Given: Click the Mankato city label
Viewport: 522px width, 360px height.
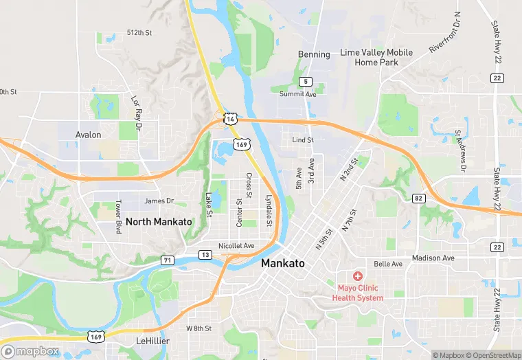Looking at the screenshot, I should click(x=282, y=263).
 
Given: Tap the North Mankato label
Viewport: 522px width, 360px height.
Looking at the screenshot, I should click(x=159, y=221).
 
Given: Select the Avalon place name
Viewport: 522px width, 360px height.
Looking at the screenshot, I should click(x=89, y=135).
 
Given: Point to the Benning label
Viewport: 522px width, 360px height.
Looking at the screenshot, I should click(x=314, y=54).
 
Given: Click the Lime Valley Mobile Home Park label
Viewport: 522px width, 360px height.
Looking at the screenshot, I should click(x=376, y=57).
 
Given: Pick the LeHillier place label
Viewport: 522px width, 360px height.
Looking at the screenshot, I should click(x=152, y=341).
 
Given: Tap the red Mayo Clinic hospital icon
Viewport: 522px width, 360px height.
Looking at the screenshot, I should click(x=357, y=276).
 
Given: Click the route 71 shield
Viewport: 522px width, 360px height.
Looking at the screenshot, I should click(x=168, y=259).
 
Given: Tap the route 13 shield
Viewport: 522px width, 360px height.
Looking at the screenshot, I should click(x=205, y=255).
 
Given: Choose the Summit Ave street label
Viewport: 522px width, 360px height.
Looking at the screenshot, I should click(x=297, y=93).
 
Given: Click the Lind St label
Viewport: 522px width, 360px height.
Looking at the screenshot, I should click(x=302, y=139).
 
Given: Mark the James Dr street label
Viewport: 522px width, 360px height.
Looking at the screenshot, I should click(x=159, y=201).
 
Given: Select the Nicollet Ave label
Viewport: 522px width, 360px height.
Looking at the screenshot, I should click(x=236, y=245).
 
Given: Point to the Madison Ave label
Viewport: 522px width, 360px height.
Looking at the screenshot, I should click(x=433, y=258).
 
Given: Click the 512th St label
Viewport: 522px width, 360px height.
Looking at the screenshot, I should click(x=138, y=32).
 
